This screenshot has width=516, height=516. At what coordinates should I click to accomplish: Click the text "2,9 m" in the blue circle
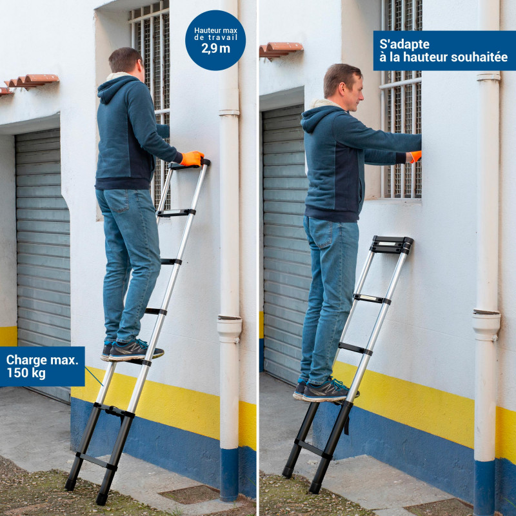(215, 49)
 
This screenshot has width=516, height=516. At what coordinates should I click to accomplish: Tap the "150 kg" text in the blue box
(26, 373)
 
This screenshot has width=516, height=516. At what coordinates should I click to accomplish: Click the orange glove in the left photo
(192, 158)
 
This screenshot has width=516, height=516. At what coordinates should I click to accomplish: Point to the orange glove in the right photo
(415, 156)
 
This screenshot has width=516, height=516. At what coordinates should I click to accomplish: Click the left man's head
(126, 63)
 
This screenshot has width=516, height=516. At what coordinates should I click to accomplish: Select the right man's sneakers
(325, 390)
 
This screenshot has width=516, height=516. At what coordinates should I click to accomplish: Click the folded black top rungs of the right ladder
(392, 245)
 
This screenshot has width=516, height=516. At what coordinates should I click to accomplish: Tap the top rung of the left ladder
(189, 165)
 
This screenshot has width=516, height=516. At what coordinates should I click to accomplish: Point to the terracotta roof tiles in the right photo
(281, 50)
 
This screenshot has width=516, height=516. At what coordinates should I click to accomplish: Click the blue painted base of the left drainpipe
(229, 473)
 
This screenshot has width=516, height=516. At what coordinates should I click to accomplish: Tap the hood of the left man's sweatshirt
(115, 89)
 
